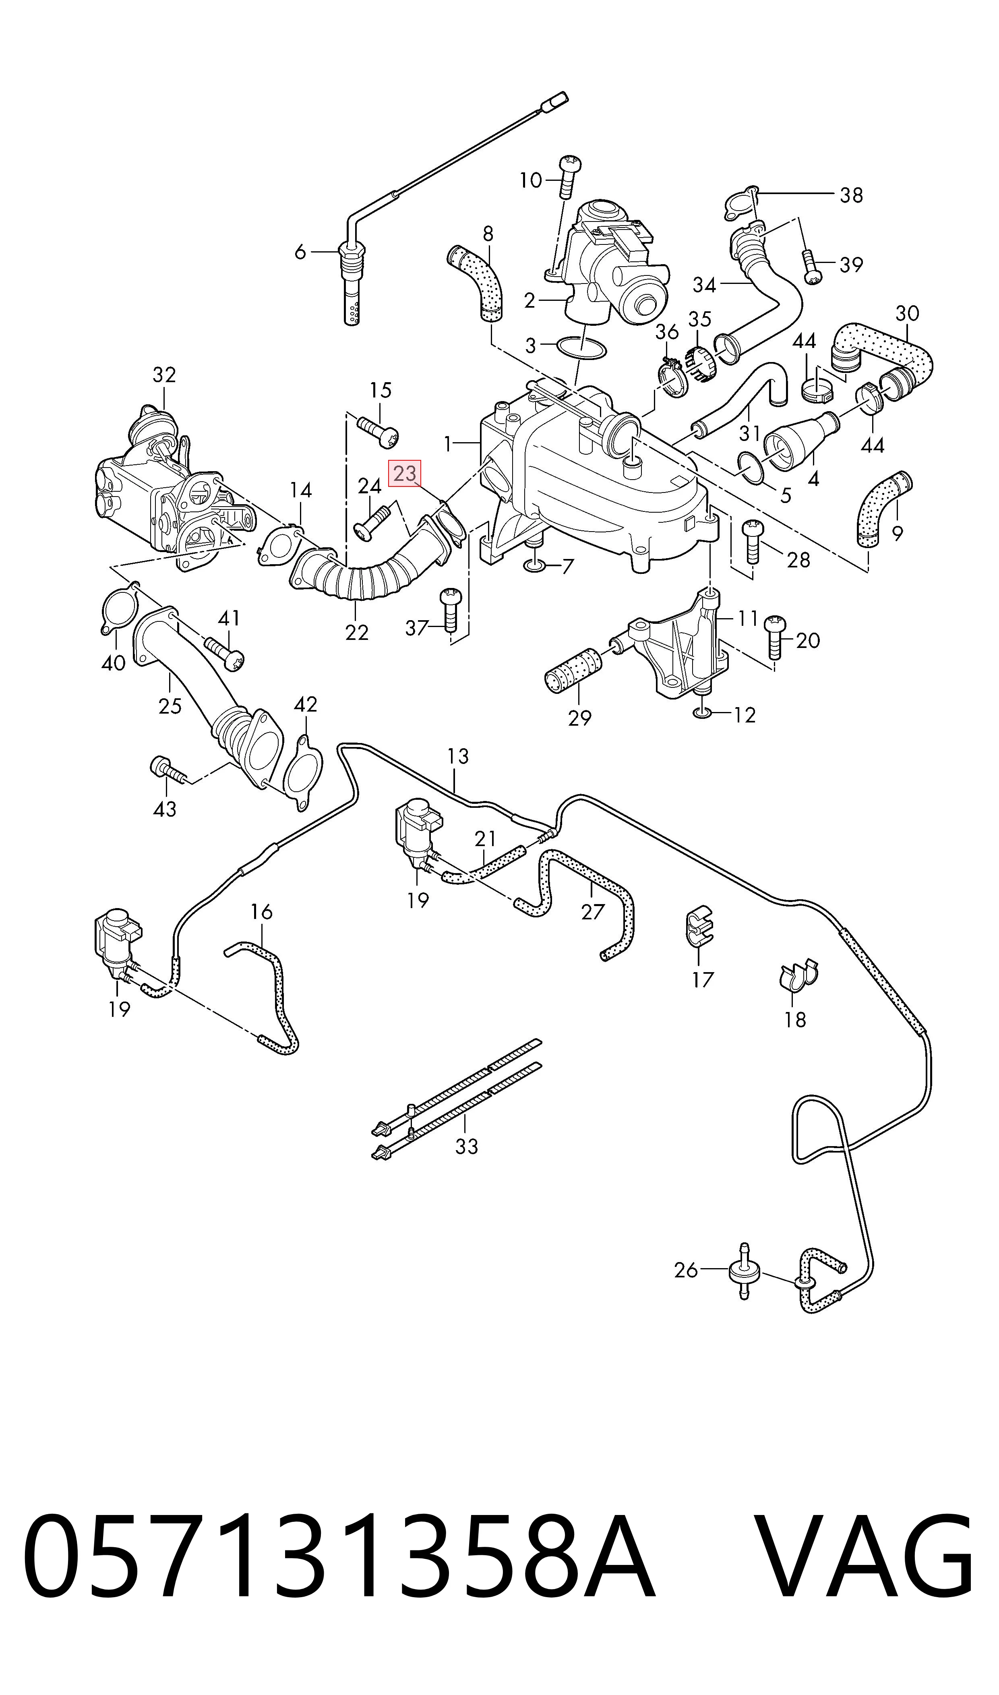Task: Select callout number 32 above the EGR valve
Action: click(x=164, y=375)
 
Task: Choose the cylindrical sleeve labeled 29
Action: click(x=573, y=669)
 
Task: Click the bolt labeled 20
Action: click(x=775, y=636)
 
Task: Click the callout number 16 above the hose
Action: click(x=261, y=912)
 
